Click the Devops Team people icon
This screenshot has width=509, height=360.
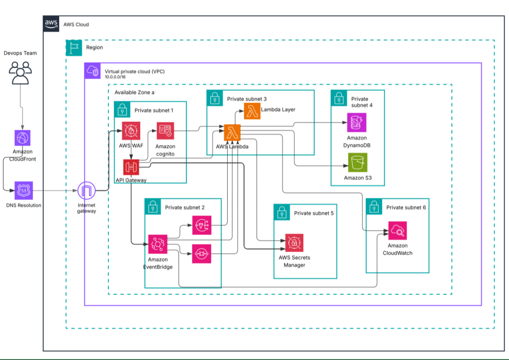(x=20, y=73)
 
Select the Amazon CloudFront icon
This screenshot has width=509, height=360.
(x=23, y=138)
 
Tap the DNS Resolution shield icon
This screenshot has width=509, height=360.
(x=23, y=190)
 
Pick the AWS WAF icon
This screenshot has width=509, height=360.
(x=132, y=131)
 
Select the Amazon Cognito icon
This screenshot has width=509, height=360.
(x=165, y=131)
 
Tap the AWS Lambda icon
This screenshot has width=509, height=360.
(x=232, y=132)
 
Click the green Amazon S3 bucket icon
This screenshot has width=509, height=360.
(x=356, y=163)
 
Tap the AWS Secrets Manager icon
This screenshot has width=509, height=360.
(x=294, y=242)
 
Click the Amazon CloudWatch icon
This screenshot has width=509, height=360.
(x=398, y=231)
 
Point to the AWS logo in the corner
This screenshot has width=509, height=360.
(x=51, y=23)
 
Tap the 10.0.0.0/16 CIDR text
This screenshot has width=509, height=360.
(x=117, y=77)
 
